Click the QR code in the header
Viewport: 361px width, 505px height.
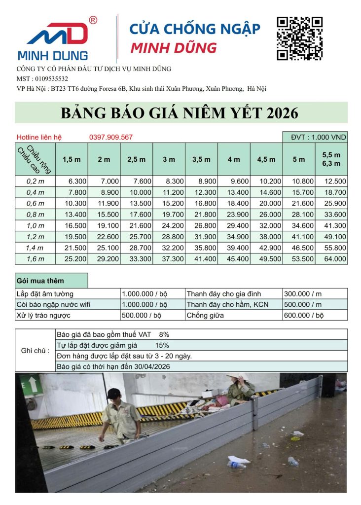click(299, 38)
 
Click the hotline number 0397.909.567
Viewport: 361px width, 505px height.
click(111, 137)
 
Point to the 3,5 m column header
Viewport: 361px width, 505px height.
click(201, 159)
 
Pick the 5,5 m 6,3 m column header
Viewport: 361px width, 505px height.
click(331, 159)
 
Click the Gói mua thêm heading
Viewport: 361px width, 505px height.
click(40, 281)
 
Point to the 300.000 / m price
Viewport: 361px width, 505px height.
click(302, 293)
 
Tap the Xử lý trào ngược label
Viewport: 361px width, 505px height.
click(43, 315)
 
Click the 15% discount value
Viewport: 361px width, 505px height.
click(162, 345)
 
